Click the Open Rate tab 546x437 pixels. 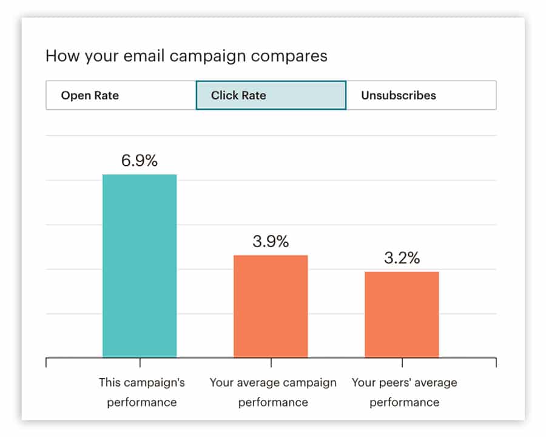pyautogui.click(x=120, y=95)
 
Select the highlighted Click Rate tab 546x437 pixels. pyautogui.click(x=271, y=95)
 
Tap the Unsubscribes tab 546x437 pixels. pyautogui.click(x=421, y=95)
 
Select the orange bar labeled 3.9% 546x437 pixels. pyautogui.click(x=271, y=306)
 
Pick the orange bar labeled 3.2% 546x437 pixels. pyautogui.click(x=402, y=314)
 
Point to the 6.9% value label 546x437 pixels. pyautogui.click(x=140, y=161)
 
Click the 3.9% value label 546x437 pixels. pyautogui.click(x=271, y=242)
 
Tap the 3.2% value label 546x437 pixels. pyautogui.click(x=402, y=258)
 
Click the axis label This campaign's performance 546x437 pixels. pyautogui.click(x=141, y=392)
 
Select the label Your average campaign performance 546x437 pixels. pyautogui.click(x=272, y=392)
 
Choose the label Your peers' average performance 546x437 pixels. pyautogui.click(x=404, y=392)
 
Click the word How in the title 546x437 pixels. pyautogui.click(x=60, y=56)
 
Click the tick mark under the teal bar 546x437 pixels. pyautogui.click(x=140, y=363)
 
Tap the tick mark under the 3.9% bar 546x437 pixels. pyautogui.click(x=271, y=363)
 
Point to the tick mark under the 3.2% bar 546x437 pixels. pyautogui.click(x=402, y=363)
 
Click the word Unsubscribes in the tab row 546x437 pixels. pyautogui.click(x=399, y=95)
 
